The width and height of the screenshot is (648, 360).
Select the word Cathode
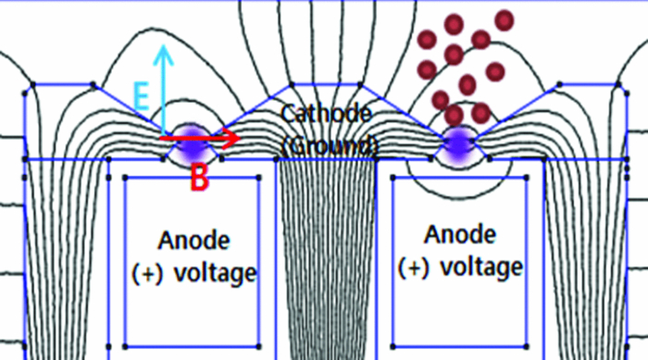(x=327, y=115)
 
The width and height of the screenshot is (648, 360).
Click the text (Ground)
(x=330, y=145)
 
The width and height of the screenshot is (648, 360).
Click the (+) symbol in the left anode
(x=146, y=273)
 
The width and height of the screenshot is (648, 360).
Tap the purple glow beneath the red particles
(x=457, y=142)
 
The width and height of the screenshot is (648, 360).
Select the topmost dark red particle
(x=505, y=18)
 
